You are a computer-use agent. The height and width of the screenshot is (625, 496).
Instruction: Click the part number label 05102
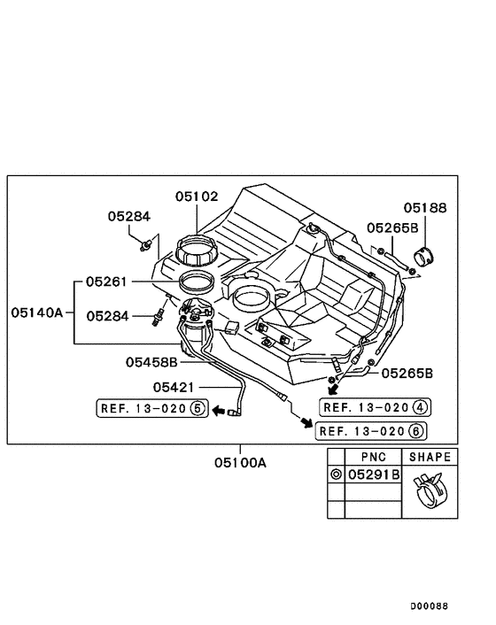197,197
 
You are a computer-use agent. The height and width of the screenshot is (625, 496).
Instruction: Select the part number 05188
425,208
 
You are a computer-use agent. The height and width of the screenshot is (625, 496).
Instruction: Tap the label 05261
106,282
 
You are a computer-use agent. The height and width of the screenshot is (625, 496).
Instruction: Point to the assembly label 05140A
37,312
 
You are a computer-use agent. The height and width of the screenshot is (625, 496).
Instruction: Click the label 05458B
151,362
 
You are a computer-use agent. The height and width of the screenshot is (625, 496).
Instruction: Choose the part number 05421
174,387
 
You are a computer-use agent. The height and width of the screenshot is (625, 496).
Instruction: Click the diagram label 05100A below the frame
240,463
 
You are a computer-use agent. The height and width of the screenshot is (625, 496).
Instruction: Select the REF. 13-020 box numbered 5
152,408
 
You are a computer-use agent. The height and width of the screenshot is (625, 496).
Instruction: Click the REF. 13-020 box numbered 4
376,407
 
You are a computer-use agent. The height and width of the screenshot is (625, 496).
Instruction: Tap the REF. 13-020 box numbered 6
371,431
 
